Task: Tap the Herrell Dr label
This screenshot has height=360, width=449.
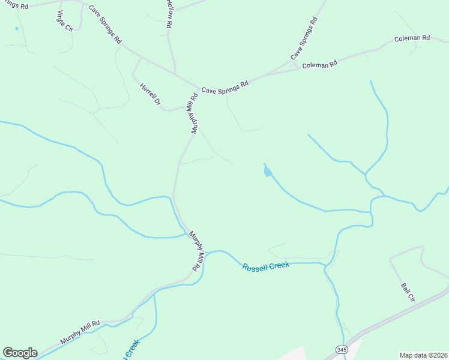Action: [150, 95]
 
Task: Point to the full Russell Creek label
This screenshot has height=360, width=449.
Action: [266, 266]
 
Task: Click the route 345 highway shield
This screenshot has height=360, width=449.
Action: [341, 349]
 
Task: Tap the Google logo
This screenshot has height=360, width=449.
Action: [20, 353]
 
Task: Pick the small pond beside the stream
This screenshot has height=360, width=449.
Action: [267, 172]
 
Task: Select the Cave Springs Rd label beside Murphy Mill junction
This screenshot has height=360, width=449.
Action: [224, 88]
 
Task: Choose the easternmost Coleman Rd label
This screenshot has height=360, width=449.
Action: [412, 38]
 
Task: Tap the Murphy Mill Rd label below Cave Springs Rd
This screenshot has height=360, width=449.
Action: [194, 113]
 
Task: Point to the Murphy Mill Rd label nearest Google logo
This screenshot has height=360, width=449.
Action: [80, 332]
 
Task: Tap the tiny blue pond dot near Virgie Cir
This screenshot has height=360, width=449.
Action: [16, 28]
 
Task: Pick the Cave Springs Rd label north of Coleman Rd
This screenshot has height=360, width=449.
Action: [304, 38]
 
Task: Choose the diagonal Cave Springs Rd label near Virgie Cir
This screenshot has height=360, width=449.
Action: [105, 25]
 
